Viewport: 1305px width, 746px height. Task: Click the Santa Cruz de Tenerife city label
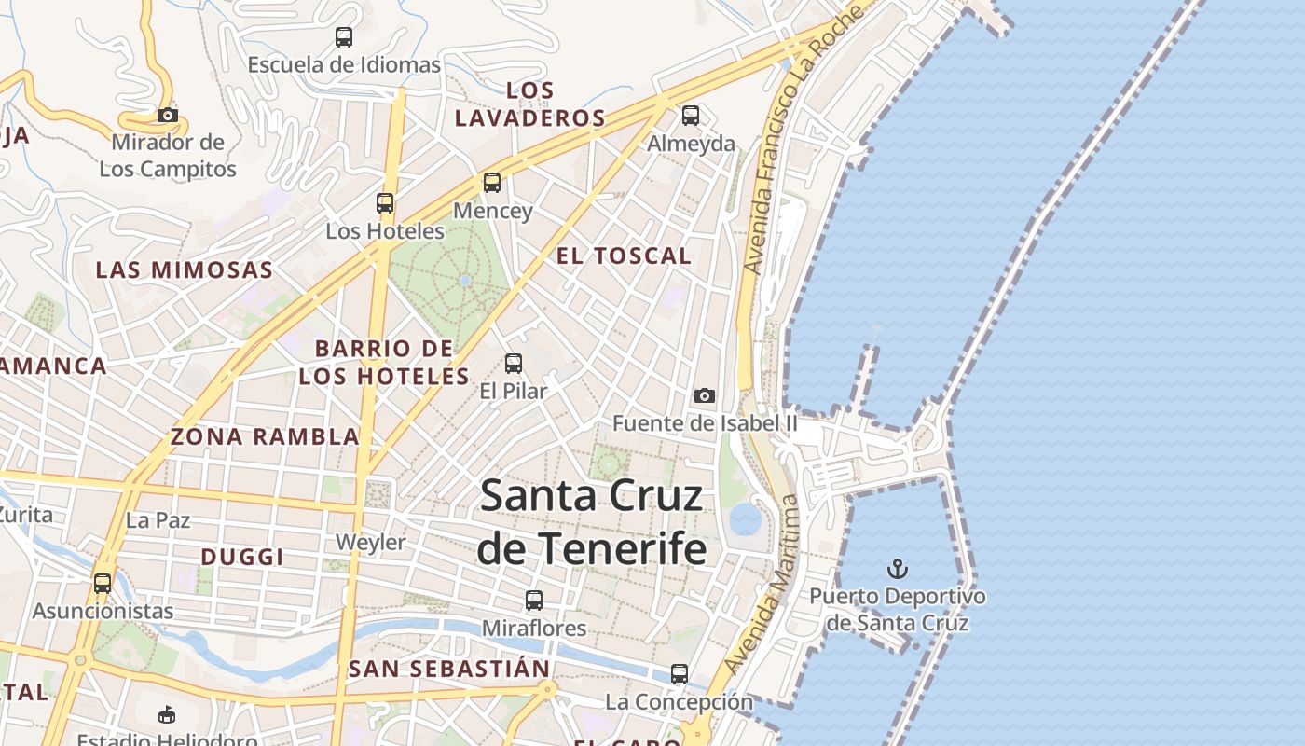pyautogui.click(x=591, y=521)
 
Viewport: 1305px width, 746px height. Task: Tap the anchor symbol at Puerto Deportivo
pyautogui.click(x=897, y=568)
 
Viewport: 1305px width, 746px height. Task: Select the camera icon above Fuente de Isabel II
pyautogui.click(x=705, y=396)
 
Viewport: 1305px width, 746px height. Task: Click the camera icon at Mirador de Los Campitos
pyautogui.click(x=168, y=116)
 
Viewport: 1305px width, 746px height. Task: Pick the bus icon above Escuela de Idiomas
pyautogui.click(x=344, y=37)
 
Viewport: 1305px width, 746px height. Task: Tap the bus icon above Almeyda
pyautogui.click(x=691, y=116)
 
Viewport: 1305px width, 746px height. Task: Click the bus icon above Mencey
pyautogui.click(x=492, y=183)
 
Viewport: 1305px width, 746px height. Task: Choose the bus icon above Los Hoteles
pyautogui.click(x=385, y=202)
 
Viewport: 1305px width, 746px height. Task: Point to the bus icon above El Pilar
pyautogui.click(x=514, y=364)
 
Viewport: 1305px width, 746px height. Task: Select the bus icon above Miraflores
pyautogui.click(x=534, y=601)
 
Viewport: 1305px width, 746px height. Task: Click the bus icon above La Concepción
pyautogui.click(x=680, y=673)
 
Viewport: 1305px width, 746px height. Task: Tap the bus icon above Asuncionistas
pyautogui.click(x=103, y=584)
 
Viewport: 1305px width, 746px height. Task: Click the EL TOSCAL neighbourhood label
pyautogui.click(x=624, y=256)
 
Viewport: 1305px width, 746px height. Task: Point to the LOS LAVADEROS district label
pyautogui.click(x=530, y=104)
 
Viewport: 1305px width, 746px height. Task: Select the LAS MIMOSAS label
pyautogui.click(x=185, y=270)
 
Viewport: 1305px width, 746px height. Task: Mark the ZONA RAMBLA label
pyautogui.click(x=265, y=436)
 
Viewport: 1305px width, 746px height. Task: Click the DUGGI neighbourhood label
pyautogui.click(x=242, y=557)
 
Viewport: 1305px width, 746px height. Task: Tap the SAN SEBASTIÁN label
pyautogui.click(x=449, y=669)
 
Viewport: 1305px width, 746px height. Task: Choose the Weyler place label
pyautogui.click(x=371, y=542)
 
